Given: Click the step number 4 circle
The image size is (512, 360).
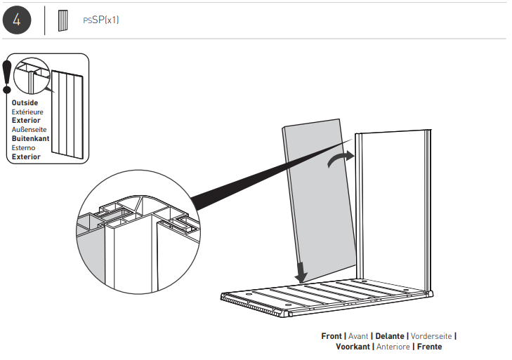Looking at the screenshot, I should coord(16,20).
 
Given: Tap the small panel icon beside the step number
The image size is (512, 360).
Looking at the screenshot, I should coord(63,20).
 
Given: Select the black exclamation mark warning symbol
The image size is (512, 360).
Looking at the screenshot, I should coord(7,76).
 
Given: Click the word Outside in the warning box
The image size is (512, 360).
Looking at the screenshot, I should coord(25,103).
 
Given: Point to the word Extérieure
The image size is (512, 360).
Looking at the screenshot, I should coord(27,112).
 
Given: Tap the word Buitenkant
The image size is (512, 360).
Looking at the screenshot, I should coord(30,139).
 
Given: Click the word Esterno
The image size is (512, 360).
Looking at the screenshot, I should coord(23,148).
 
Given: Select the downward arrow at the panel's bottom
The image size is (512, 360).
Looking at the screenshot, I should coord(301,267).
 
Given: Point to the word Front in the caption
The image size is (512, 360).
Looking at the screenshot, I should coord(332,336).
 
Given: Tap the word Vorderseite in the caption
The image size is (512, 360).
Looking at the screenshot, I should coord(431,336).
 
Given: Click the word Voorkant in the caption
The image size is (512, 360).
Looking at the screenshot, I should coord(353,347).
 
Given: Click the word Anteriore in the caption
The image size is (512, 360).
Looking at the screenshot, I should coord(393,347).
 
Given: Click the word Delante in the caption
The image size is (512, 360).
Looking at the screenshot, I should coord(390,336).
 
